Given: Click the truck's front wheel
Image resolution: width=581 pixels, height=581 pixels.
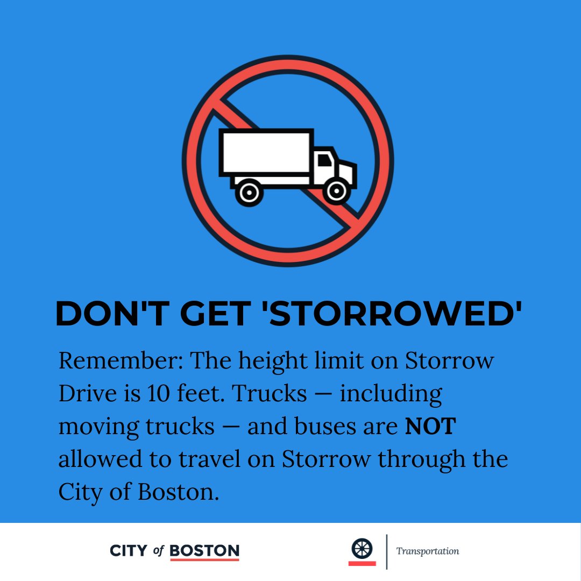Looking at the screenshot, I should click(x=337, y=192).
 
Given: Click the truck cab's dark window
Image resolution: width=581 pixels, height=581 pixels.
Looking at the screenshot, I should click(x=325, y=160).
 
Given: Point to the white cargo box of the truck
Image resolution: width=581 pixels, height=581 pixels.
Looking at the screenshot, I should click(x=266, y=152).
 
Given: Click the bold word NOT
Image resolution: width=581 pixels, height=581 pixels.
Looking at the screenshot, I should click(x=430, y=427).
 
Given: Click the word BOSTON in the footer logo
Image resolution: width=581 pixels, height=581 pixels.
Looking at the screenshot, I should click(x=204, y=550).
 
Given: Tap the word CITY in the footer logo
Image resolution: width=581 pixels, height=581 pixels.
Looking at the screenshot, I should click(x=128, y=550).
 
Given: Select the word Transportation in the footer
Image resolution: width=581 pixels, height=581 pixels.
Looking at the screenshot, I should click(x=428, y=551).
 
